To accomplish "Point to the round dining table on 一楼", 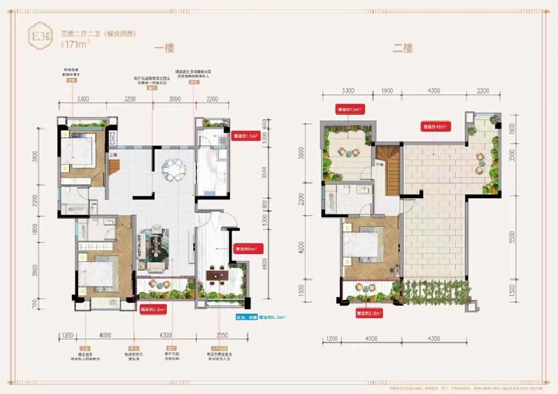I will [x=172, y=168].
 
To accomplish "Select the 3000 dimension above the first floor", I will [x=174, y=100].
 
